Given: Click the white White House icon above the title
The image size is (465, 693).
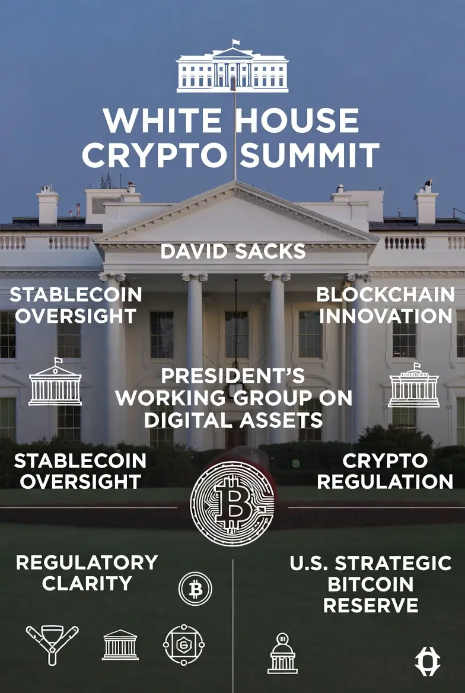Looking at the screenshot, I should tap(232, 68).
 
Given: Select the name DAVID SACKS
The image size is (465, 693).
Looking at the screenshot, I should tap(233, 252).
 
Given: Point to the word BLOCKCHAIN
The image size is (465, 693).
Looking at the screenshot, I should tap(386, 294).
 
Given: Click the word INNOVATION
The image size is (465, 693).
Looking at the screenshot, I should tap(386, 316).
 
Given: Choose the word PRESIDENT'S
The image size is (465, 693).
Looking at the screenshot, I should tap(233, 376).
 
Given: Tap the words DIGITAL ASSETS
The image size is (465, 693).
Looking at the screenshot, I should tap(233, 420).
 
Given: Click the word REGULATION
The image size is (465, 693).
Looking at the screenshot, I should tap(385, 481).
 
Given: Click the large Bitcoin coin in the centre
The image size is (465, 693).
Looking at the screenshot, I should tap(232, 503).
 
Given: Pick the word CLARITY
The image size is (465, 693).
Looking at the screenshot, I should tap(87, 583).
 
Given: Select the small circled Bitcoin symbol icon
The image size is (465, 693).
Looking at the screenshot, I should tap(195, 589).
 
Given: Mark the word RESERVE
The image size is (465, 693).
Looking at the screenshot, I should tap(371, 605).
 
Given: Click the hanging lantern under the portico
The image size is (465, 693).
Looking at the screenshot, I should tap(236, 368).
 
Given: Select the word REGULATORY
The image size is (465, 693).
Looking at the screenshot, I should tap(87, 562).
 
